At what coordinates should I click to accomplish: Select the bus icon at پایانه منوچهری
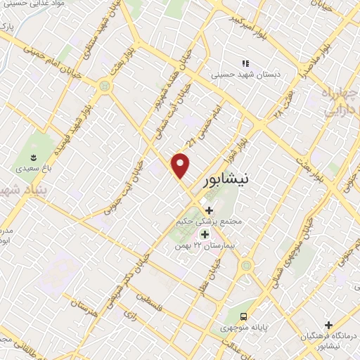(243, 316)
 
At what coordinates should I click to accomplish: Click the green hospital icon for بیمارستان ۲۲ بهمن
(205, 234)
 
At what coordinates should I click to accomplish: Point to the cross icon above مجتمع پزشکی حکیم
(208, 210)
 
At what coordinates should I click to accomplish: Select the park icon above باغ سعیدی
(33, 157)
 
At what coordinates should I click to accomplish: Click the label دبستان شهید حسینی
(246, 73)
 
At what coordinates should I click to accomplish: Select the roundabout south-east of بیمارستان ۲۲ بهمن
(246, 266)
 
